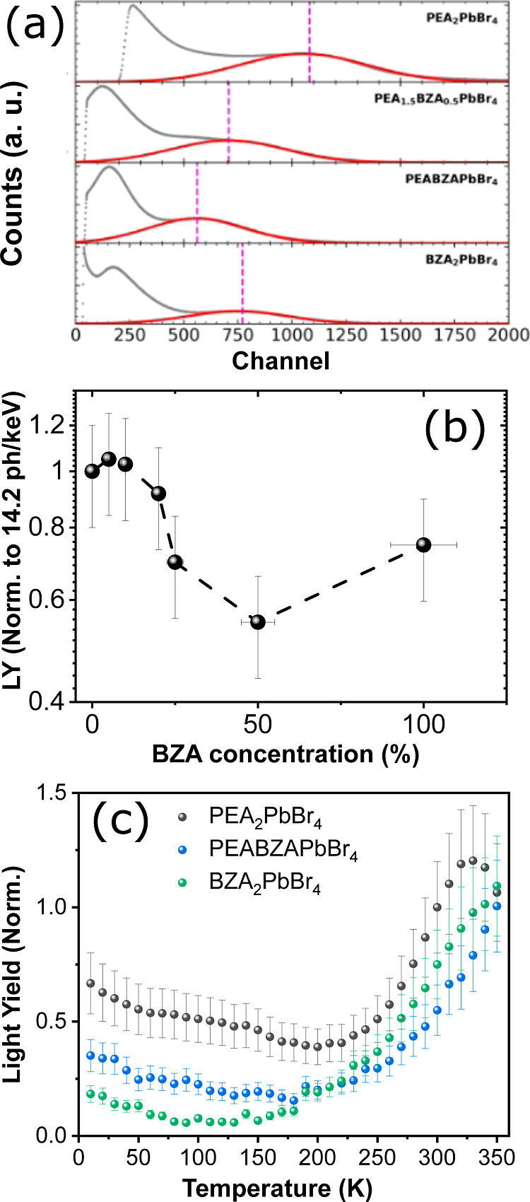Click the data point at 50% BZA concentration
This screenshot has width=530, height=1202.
pos(258,622)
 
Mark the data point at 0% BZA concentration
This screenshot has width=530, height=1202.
pos(92,471)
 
